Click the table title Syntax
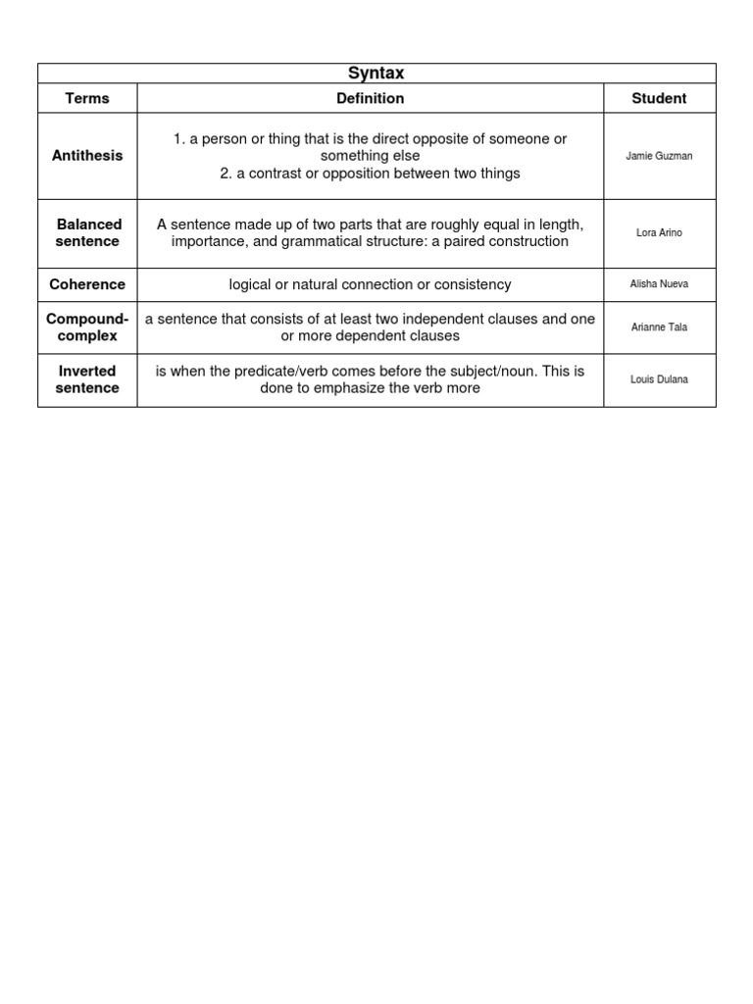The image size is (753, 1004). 376,74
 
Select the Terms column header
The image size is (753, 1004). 87,98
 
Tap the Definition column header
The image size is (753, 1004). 370,98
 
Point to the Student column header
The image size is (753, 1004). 659,98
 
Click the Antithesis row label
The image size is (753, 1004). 87,156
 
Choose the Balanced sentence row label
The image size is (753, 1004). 87,233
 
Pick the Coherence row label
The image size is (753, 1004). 87,284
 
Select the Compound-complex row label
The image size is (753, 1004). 87,327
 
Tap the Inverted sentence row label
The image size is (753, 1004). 87,379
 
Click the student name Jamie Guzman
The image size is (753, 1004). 659,156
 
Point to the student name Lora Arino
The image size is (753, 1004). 659,233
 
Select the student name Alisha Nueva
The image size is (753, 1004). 659,284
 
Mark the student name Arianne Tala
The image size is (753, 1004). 659,327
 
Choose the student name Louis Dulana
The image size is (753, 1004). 659,379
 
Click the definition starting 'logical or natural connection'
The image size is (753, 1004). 370,284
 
